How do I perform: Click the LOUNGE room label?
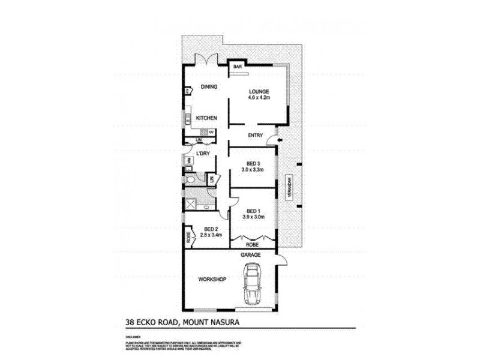click(259, 92)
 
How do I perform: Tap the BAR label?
click(237, 67)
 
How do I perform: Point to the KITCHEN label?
click(206, 118)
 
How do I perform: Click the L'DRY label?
click(203, 154)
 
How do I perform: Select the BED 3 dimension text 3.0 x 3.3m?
click(253, 170)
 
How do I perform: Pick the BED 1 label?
click(253, 210)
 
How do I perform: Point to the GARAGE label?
click(251, 255)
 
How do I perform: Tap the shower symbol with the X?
click(191, 203)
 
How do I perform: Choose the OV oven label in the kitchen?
click(211, 132)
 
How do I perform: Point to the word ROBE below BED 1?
click(253, 244)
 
